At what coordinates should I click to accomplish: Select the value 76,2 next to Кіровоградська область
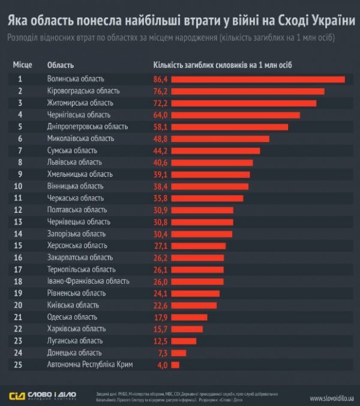click(161, 91)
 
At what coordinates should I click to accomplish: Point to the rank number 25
click(20, 364)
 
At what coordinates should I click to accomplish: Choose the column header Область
click(60, 64)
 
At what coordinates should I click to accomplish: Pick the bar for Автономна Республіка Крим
click(175, 364)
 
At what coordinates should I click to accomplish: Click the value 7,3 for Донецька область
click(162, 353)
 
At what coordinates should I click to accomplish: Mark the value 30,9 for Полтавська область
click(161, 210)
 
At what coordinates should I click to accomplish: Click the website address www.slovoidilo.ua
click(332, 398)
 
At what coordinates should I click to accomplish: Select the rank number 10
click(20, 186)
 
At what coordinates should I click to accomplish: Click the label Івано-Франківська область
click(88, 281)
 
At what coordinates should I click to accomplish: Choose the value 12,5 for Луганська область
click(161, 341)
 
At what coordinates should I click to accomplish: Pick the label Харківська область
click(76, 329)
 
